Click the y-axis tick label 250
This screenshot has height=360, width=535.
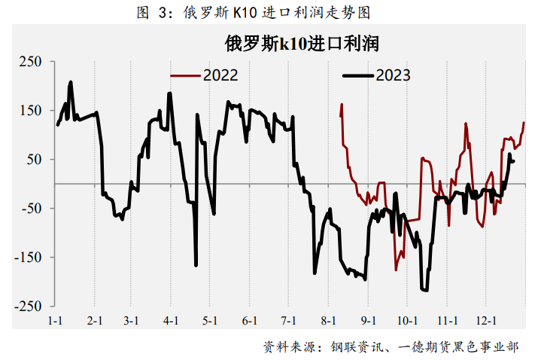point(30,62)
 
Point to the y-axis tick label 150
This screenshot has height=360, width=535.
point(30,111)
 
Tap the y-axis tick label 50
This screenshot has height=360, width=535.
point(34,160)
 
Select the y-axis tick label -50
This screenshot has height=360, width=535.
point(32,209)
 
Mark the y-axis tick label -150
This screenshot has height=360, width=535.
point(28,257)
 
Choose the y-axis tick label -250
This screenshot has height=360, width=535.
point(28,306)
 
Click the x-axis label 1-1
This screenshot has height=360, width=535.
point(55,321)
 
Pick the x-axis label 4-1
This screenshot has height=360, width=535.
point(171,321)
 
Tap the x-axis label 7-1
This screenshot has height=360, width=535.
point(289,321)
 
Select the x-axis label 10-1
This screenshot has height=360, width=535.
point(407,321)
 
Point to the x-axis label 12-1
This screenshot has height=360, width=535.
point(486,321)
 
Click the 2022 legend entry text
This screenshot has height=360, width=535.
point(220,75)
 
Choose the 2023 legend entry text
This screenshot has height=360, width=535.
point(393,75)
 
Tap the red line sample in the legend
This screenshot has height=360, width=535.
point(185,75)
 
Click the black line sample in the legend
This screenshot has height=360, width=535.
point(358,75)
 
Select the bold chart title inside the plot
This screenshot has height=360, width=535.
point(302,44)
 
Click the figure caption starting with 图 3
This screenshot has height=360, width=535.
point(254,13)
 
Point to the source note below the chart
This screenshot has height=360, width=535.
point(391,347)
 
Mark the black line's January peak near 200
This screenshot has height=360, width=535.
point(71,82)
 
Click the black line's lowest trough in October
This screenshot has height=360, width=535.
point(425,290)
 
